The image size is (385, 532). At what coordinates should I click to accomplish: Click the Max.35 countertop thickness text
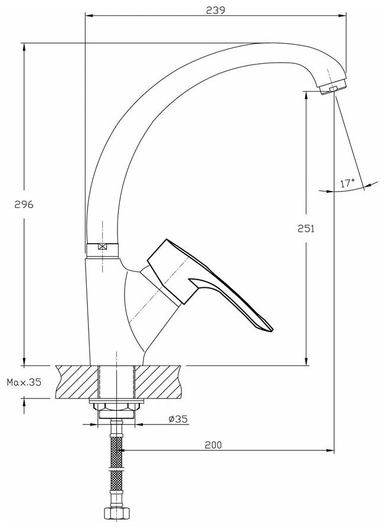coord(24,382)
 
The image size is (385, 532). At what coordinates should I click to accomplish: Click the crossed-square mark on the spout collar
coord(104,248)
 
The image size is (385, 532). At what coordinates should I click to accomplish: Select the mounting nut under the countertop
coord(116,408)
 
